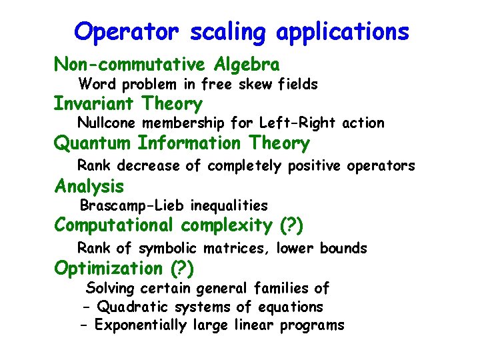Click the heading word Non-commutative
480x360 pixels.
[130, 65]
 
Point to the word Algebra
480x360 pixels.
[247, 65]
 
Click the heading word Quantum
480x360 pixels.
[93, 143]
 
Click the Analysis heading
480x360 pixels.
[89, 186]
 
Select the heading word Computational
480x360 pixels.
[113, 225]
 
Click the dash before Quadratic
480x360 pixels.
[87, 307]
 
